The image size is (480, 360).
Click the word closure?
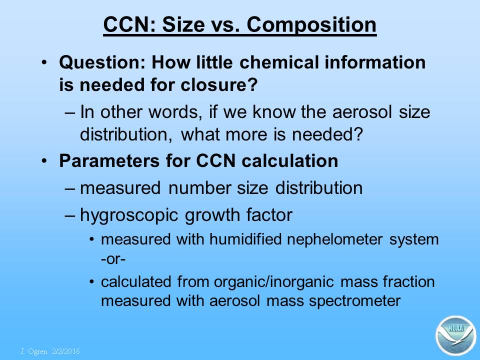219,84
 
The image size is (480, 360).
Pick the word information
375,62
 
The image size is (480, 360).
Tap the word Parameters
109,160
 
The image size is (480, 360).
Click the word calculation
290,160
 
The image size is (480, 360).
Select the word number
199,187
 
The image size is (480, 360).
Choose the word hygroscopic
129,215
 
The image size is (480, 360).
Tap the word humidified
245,239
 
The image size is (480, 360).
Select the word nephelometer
334,239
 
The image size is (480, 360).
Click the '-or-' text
113,259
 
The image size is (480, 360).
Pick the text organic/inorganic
273,282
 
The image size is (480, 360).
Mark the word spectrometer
354,301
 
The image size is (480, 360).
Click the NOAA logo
456,335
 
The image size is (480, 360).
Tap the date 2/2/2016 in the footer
66,351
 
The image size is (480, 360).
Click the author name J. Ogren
33,351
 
